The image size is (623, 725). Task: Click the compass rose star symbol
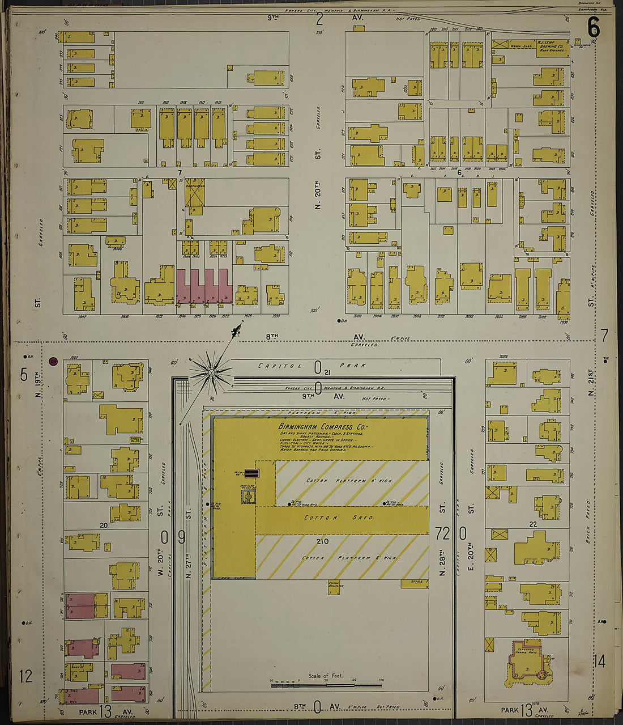point(211,373)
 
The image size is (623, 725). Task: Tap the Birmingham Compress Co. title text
point(322,427)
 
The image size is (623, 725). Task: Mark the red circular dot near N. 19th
point(54,361)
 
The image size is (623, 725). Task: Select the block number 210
point(322,541)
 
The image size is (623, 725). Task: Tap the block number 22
point(533,524)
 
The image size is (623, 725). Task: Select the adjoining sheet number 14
point(600,661)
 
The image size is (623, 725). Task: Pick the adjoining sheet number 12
point(25,676)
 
